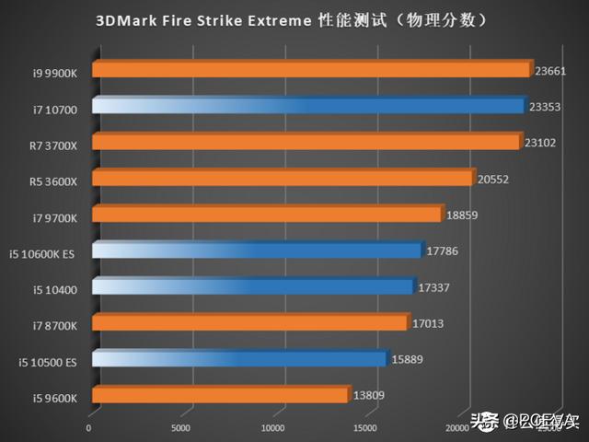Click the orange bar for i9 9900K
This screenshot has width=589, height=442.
click(x=310, y=69)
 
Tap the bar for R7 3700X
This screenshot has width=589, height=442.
click(x=306, y=142)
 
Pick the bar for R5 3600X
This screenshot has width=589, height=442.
click(x=282, y=178)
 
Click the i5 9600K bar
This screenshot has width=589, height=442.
click(x=219, y=395)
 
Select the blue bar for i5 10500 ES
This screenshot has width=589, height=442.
click(x=238, y=359)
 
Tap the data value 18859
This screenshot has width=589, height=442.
click(x=464, y=215)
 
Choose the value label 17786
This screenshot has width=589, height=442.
click(x=445, y=250)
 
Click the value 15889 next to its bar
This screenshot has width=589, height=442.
click(x=408, y=360)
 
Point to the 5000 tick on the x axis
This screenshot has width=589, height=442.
click(x=181, y=427)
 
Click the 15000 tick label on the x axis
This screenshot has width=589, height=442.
click(x=368, y=427)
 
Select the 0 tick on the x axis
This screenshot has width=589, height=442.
click(x=89, y=427)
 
